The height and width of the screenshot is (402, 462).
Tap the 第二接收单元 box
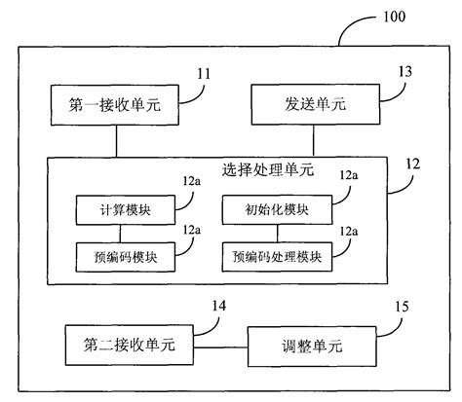click(116, 345)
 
